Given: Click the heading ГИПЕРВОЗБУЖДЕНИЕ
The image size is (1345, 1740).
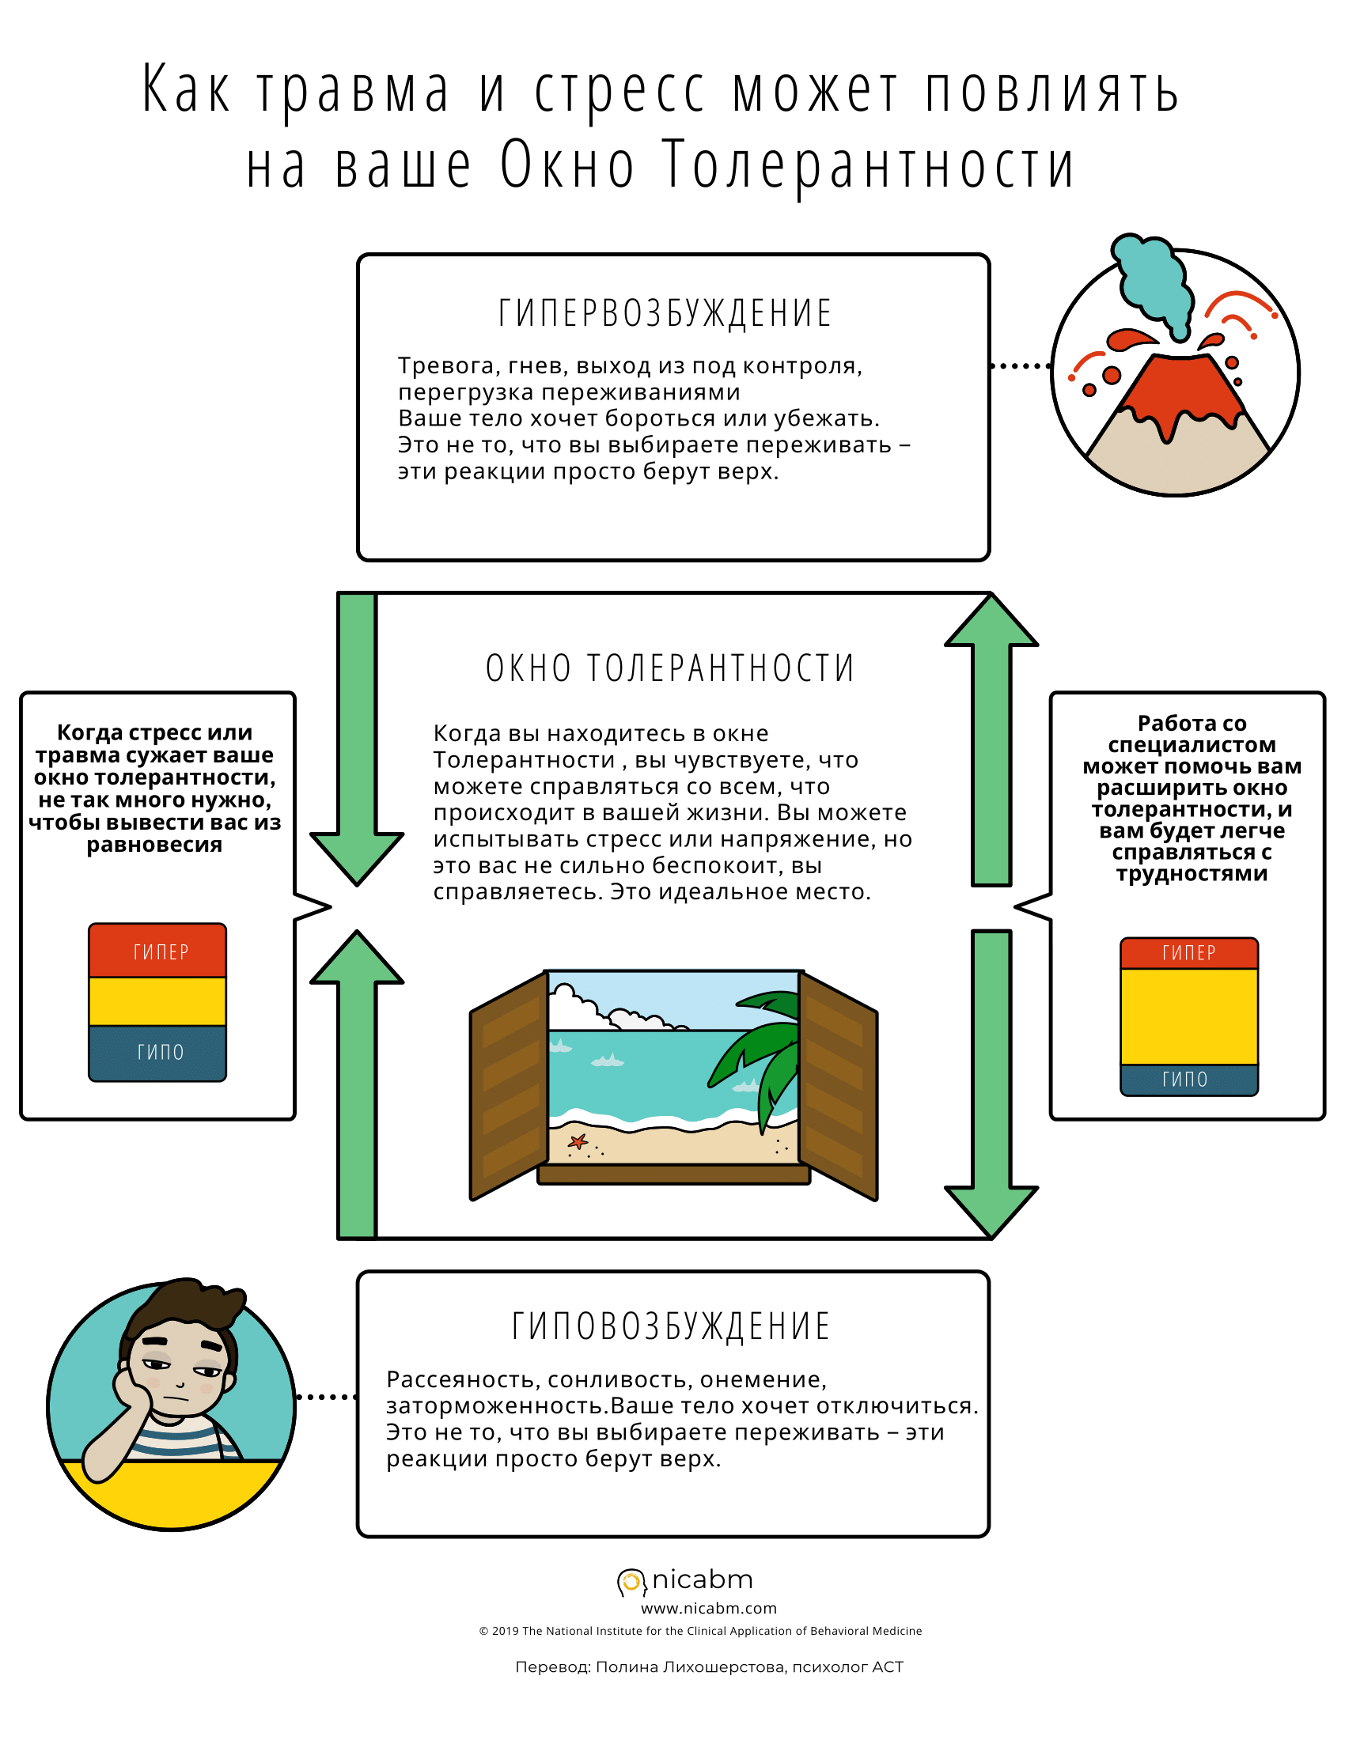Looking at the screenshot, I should coord(665,312).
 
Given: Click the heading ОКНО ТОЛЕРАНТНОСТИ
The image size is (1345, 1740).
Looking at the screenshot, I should coord(670,668).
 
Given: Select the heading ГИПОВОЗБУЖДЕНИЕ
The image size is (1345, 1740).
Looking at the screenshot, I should coord(670,1326).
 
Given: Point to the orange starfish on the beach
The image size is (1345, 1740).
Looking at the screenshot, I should coord(578,1141).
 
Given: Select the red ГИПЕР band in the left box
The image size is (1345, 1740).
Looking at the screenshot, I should coord(157,951).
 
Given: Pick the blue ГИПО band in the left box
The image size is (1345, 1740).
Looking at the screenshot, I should coord(157,1052).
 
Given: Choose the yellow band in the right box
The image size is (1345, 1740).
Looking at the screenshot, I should coord(1189,1016).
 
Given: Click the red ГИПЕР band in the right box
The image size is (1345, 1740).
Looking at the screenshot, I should coord(1189,953).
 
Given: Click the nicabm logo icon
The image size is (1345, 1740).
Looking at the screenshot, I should coord(631,1582).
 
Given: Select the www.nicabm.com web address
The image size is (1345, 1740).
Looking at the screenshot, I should coord(708,1609).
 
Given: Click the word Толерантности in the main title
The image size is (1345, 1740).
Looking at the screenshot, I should coord(869,166).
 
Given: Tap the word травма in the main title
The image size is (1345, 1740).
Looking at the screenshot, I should coord(353,90).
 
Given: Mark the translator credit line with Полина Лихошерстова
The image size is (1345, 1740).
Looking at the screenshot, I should coord(708,1666).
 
